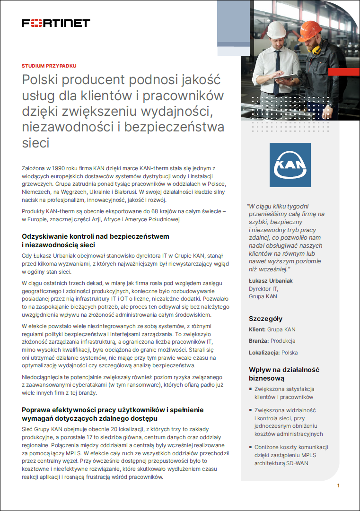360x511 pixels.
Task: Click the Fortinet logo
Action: point(56,23)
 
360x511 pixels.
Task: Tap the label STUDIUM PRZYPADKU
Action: point(49,66)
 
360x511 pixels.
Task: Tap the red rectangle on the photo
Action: point(343,71)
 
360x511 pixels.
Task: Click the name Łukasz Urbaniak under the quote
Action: point(271,281)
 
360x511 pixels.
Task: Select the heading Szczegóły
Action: point(265,319)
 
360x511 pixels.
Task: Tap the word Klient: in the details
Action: point(257,329)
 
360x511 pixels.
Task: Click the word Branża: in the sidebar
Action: point(258,341)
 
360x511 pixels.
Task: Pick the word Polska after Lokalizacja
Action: point(290,353)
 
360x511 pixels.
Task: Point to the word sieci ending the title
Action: point(36,142)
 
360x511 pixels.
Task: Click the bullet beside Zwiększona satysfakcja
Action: point(251,389)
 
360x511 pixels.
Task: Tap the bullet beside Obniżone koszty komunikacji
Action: point(251,447)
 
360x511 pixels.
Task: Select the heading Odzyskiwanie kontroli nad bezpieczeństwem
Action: point(96,236)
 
